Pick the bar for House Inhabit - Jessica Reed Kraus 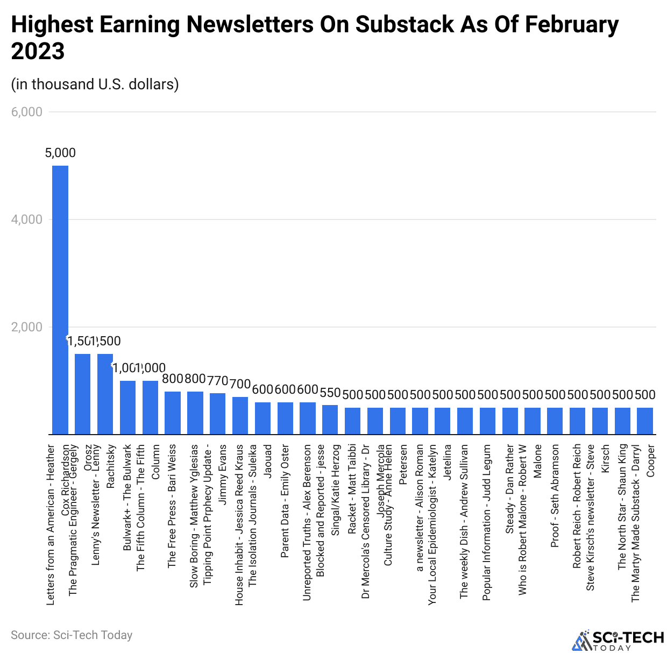[240, 415]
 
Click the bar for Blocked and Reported [330, 420]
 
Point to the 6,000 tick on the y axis [27, 112]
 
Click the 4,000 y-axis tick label [27, 219]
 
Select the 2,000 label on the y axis [27, 327]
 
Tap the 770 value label [218, 381]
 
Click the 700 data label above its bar [240, 384]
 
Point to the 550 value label [330, 393]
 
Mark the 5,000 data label [60, 153]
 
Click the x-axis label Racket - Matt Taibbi [352, 488]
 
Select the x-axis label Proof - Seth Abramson [555, 496]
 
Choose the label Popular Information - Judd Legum [487, 522]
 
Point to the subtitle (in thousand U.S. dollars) [95, 84]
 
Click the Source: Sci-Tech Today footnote [72, 635]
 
